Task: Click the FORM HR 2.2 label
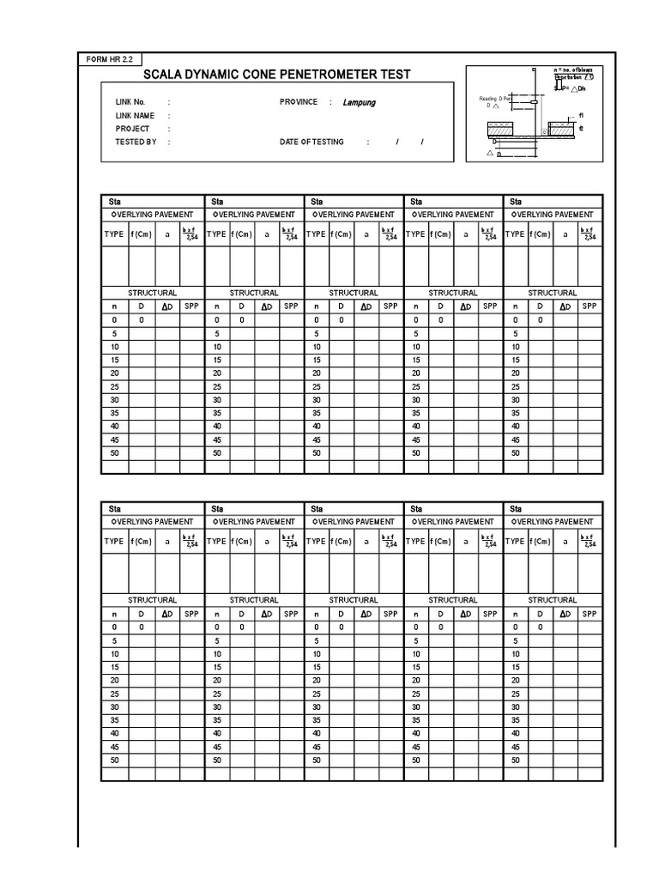[x=108, y=58]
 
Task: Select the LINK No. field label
[x=130, y=102]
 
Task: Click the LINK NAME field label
[x=135, y=116]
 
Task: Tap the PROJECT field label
[x=132, y=129]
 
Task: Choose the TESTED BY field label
[x=136, y=142]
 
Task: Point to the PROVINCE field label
[x=299, y=102]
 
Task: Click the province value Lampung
[x=359, y=102]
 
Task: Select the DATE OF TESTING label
[x=311, y=142]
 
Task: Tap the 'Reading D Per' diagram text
[x=495, y=100]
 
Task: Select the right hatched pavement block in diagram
[x=563, y=129]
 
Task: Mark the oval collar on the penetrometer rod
[x=534, y=101]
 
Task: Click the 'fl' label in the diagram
[x=581, y=115]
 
